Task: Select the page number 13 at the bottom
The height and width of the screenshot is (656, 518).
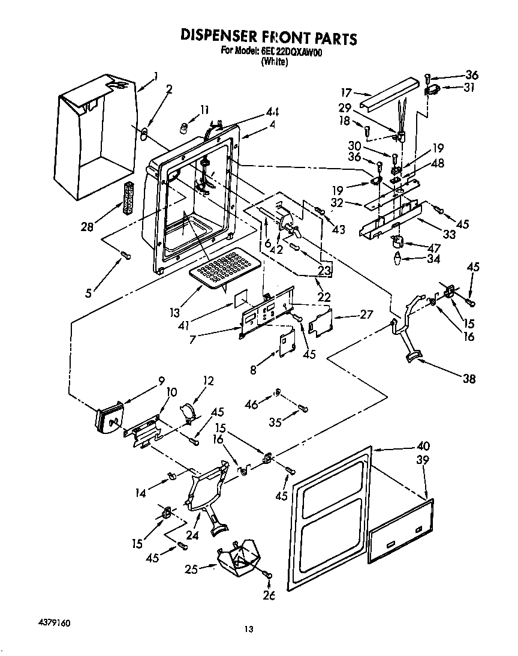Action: [249, 629]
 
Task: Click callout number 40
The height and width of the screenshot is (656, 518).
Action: [423, 446]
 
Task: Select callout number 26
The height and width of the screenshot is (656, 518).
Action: [268, 595]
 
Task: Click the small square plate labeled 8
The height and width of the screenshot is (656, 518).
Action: [288, 344]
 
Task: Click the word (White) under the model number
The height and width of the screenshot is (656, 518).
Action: [275, 61]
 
